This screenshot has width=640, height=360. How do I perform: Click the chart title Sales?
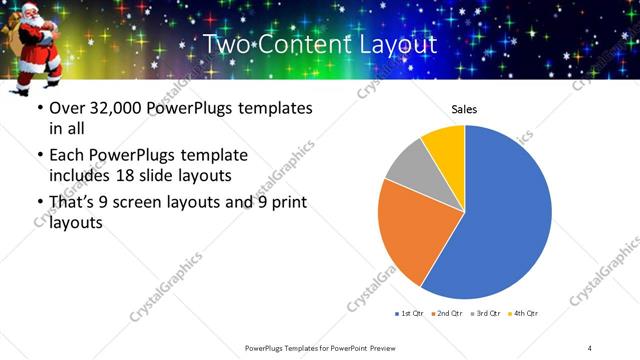464,108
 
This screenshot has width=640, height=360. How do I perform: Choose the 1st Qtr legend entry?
409,313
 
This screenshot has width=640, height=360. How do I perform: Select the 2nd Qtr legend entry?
446,313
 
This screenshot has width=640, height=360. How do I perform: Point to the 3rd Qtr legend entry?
484,313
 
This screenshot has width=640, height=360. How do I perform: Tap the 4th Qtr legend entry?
523,313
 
